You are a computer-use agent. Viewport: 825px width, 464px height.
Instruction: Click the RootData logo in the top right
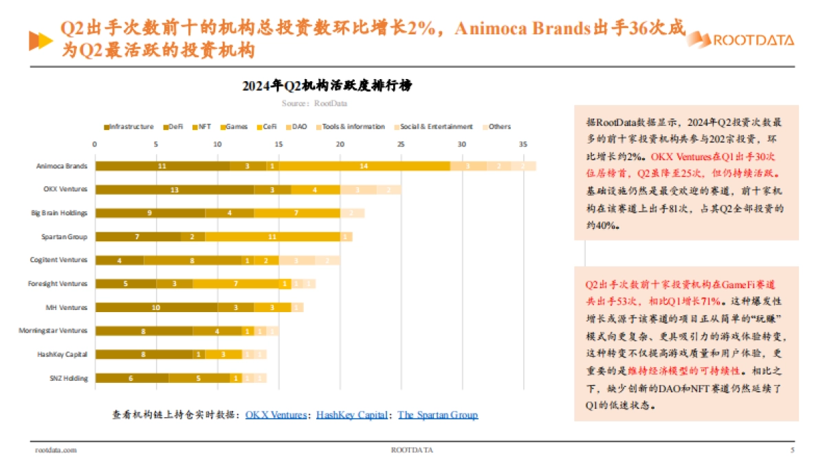point(741,39)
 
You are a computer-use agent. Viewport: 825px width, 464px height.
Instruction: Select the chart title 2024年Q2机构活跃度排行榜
point(327,86)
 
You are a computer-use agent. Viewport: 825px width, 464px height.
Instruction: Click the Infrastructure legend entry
point(129,126)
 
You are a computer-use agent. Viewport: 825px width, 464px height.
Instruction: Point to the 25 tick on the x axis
point(400,144)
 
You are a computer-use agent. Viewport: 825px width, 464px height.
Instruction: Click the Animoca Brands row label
point(62,166)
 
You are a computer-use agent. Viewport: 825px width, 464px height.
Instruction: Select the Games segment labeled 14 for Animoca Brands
point(363,166)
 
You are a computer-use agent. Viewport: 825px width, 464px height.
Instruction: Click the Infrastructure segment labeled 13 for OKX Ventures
point(175,189)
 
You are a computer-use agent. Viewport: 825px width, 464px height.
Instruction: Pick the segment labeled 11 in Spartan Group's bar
point(272,236)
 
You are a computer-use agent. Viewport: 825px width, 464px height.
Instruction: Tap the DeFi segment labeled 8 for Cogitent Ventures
point(192,260)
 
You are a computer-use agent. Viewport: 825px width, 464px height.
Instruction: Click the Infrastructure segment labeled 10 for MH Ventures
point(156,307)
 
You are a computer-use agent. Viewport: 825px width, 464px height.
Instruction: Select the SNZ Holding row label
point(69,378)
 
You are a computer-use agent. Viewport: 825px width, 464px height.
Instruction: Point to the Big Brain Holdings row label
point(59,213)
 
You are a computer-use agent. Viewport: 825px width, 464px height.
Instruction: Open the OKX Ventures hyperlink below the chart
point(276,415)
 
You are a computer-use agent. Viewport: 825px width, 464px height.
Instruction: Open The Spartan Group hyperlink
point(437,415)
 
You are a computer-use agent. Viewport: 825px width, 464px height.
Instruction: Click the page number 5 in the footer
point(792,450)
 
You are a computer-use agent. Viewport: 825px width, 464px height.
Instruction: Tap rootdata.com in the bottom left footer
point(56,450)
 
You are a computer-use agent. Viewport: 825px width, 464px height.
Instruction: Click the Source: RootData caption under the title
point(314,103)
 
